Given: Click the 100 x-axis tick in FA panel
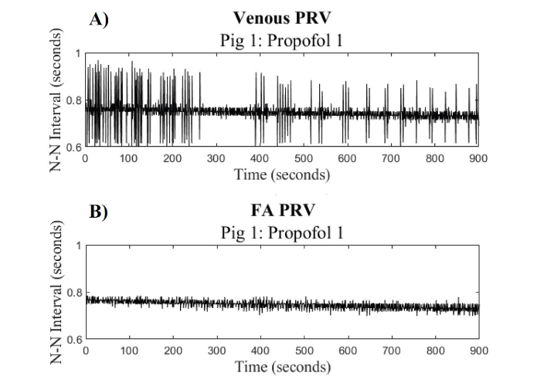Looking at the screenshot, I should [128, 350].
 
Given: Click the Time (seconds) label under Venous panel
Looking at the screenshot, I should [281, 174].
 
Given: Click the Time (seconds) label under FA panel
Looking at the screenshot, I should [281, 365].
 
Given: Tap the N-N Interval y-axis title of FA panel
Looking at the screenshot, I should [56, 292].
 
